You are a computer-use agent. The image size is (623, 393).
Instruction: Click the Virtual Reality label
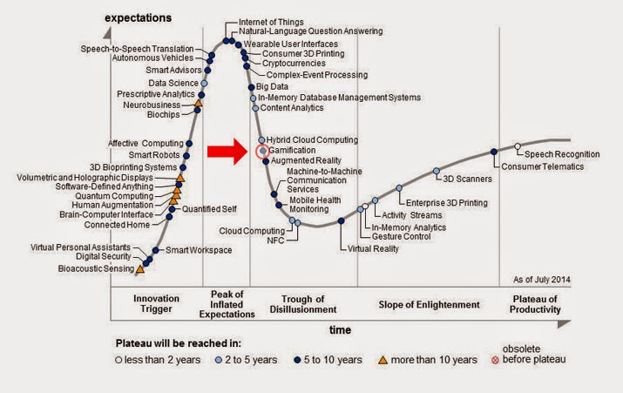click(x=373, y=249)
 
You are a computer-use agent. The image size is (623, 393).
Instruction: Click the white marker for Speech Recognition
click(x=518, y=146)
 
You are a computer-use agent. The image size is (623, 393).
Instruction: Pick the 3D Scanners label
click(x=469, y=179)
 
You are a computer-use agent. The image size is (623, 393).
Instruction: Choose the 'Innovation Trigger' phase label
click(x=156, y=304)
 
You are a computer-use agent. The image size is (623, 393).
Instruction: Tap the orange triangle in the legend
click(x=384, y=359)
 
